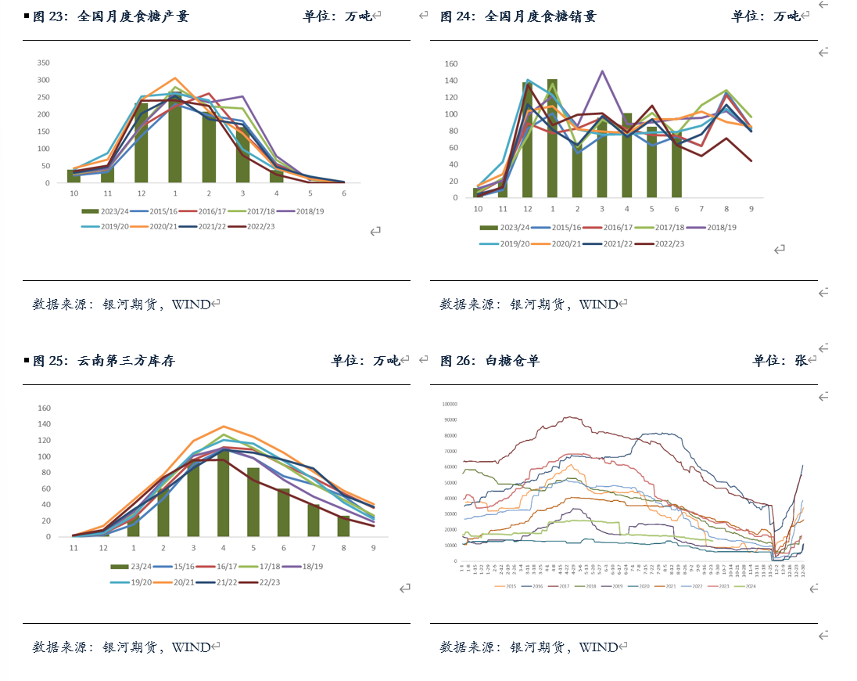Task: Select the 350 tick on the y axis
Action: pyautogui.click(x=44, y=63)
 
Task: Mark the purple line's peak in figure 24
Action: pyautogui.click(x=602, y=71)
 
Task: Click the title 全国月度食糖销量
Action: pyautogui.click(x=540, y=16)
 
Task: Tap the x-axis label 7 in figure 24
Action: pyautogui.click(x=701, y=209)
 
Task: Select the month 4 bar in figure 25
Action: pyautogui.click(x=224, y=493)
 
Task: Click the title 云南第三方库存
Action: pyautogui.click(x=125, y=361)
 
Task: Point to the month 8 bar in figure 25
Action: pyautogui.click(x=343, y=526)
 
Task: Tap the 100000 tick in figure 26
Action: pyautogui.click(x=449, y=404)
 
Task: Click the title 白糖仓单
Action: pyautogui.click(x=512, y=361)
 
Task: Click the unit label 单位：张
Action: pyautogui.click(x=780, y=361)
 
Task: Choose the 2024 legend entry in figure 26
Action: pyautogui.click(x=749, y=586)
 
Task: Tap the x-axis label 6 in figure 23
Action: pyautogui.click(x=343, y=193)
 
